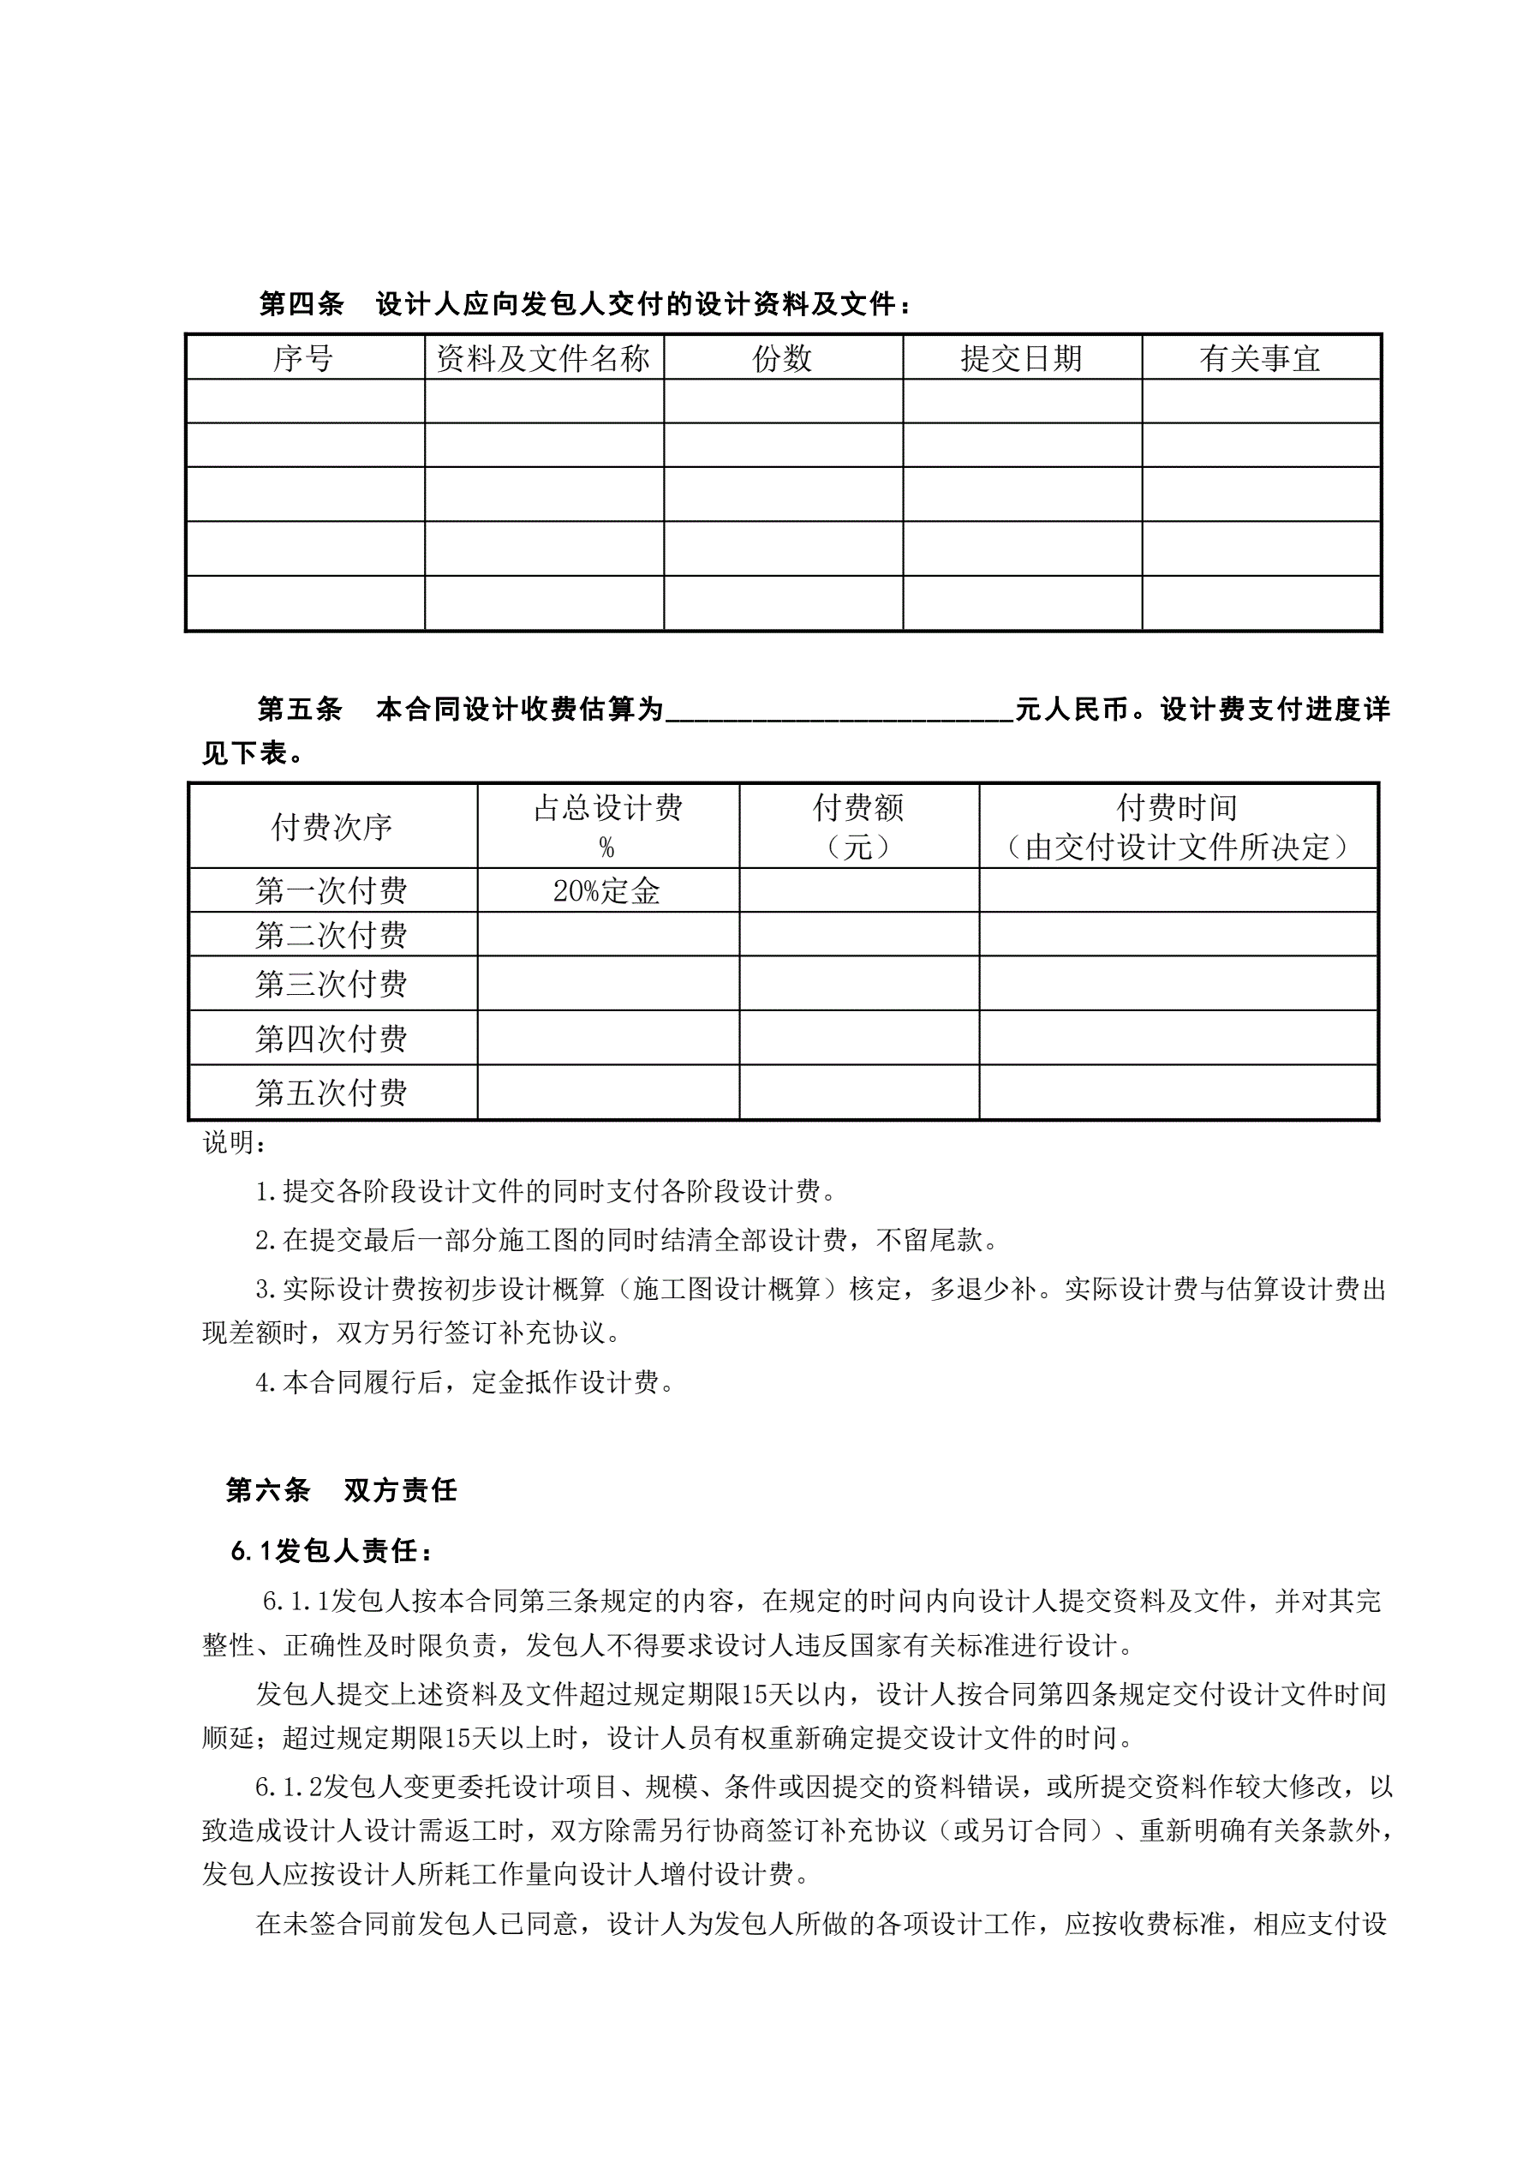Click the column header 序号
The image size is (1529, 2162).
[x=304, y=358]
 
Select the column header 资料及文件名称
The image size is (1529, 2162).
[x=543, y=358]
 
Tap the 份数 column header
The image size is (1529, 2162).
[x=782, y=358]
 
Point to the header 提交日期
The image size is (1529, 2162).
[x=1022, y=358]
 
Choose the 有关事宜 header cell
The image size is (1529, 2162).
[x=1261, y=358]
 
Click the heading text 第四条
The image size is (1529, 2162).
[x=302, y=304]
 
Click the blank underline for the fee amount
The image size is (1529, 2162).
[x=839, y=711]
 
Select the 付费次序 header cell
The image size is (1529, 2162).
[x=331, y=827]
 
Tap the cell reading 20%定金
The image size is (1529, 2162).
[x=607, y=891]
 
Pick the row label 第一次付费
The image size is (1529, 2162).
[x=331, y=891]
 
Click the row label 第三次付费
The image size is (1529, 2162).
[x=331, y=984]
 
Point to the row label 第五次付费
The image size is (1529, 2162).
[x=331, y=1093]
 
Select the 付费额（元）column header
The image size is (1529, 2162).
[x=858, y=827]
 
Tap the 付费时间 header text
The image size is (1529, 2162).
[x=1177, y=808]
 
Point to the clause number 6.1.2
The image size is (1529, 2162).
[x=288, y=1787]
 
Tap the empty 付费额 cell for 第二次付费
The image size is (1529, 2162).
[x=858, y=934]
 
